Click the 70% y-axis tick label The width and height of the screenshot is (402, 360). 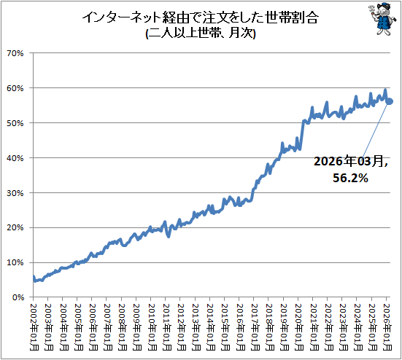(x=15, y=53)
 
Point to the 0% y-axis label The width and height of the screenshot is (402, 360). (x=18, y=297)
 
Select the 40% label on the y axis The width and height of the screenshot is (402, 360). (x=15, y=158)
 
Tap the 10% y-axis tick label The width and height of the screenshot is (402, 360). (x=15, y=262)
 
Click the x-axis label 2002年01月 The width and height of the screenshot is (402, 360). (x=34, y=327)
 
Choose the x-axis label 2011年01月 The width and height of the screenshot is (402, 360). (x=166, y=327)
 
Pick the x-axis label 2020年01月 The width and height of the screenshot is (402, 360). (x=299, y=327)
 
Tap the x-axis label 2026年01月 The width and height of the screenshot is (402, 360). (x=387, y=327)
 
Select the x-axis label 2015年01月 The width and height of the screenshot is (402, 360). (x=225, y=327)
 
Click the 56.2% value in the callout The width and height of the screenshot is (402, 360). (x=350, y=178)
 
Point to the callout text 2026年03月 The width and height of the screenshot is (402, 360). (x=350, y=161)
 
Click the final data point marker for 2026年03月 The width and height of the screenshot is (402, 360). (x=390, y=101)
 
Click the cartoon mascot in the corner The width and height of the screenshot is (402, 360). (x=383, y=19)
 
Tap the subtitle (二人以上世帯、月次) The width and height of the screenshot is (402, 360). (x=201, y=34)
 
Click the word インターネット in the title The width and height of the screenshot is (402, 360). (x=122, y=17)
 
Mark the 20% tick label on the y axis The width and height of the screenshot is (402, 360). (x=15, y=227)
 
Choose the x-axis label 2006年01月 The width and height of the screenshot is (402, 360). (x=93, y=327)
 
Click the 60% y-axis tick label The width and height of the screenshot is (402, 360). (x=15, y=88)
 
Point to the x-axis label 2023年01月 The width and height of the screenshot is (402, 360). (x=343, y=327)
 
